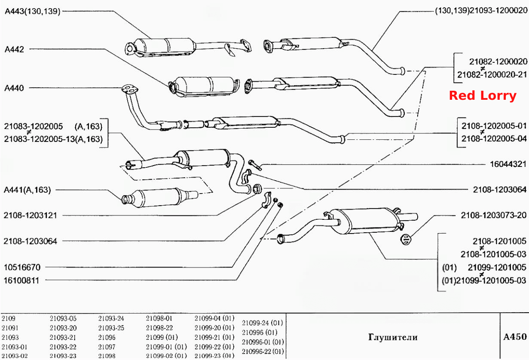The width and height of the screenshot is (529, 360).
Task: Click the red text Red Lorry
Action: pos(483,96)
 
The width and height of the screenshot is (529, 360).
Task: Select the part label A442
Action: pos(15,49)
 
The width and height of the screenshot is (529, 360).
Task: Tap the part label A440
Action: pos(14,88)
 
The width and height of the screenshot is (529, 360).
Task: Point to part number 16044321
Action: pos(508,164)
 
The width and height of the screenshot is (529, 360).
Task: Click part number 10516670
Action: pos(22,268)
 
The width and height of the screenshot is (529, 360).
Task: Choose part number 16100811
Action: pos(21,280)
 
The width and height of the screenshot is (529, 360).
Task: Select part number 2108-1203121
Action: pos(30,215)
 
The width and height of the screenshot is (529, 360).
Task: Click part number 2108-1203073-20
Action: pos(494,215)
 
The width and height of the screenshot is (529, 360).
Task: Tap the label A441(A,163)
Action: pos(27,190)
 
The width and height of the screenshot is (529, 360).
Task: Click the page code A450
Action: pos(515,337)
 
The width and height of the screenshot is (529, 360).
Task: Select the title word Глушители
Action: pos(393,337)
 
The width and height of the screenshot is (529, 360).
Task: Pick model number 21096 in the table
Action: pos(107,337)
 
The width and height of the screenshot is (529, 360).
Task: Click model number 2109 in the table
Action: pos(8,318)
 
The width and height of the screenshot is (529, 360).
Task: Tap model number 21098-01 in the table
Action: pos(159,318)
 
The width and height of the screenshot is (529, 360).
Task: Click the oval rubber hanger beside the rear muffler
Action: pos(406,240)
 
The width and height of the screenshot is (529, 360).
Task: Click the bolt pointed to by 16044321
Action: pos(255,165)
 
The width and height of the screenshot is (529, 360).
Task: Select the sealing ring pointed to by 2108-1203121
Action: pos(257,189)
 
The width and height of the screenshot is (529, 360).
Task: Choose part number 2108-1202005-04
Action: pos(494,138)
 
